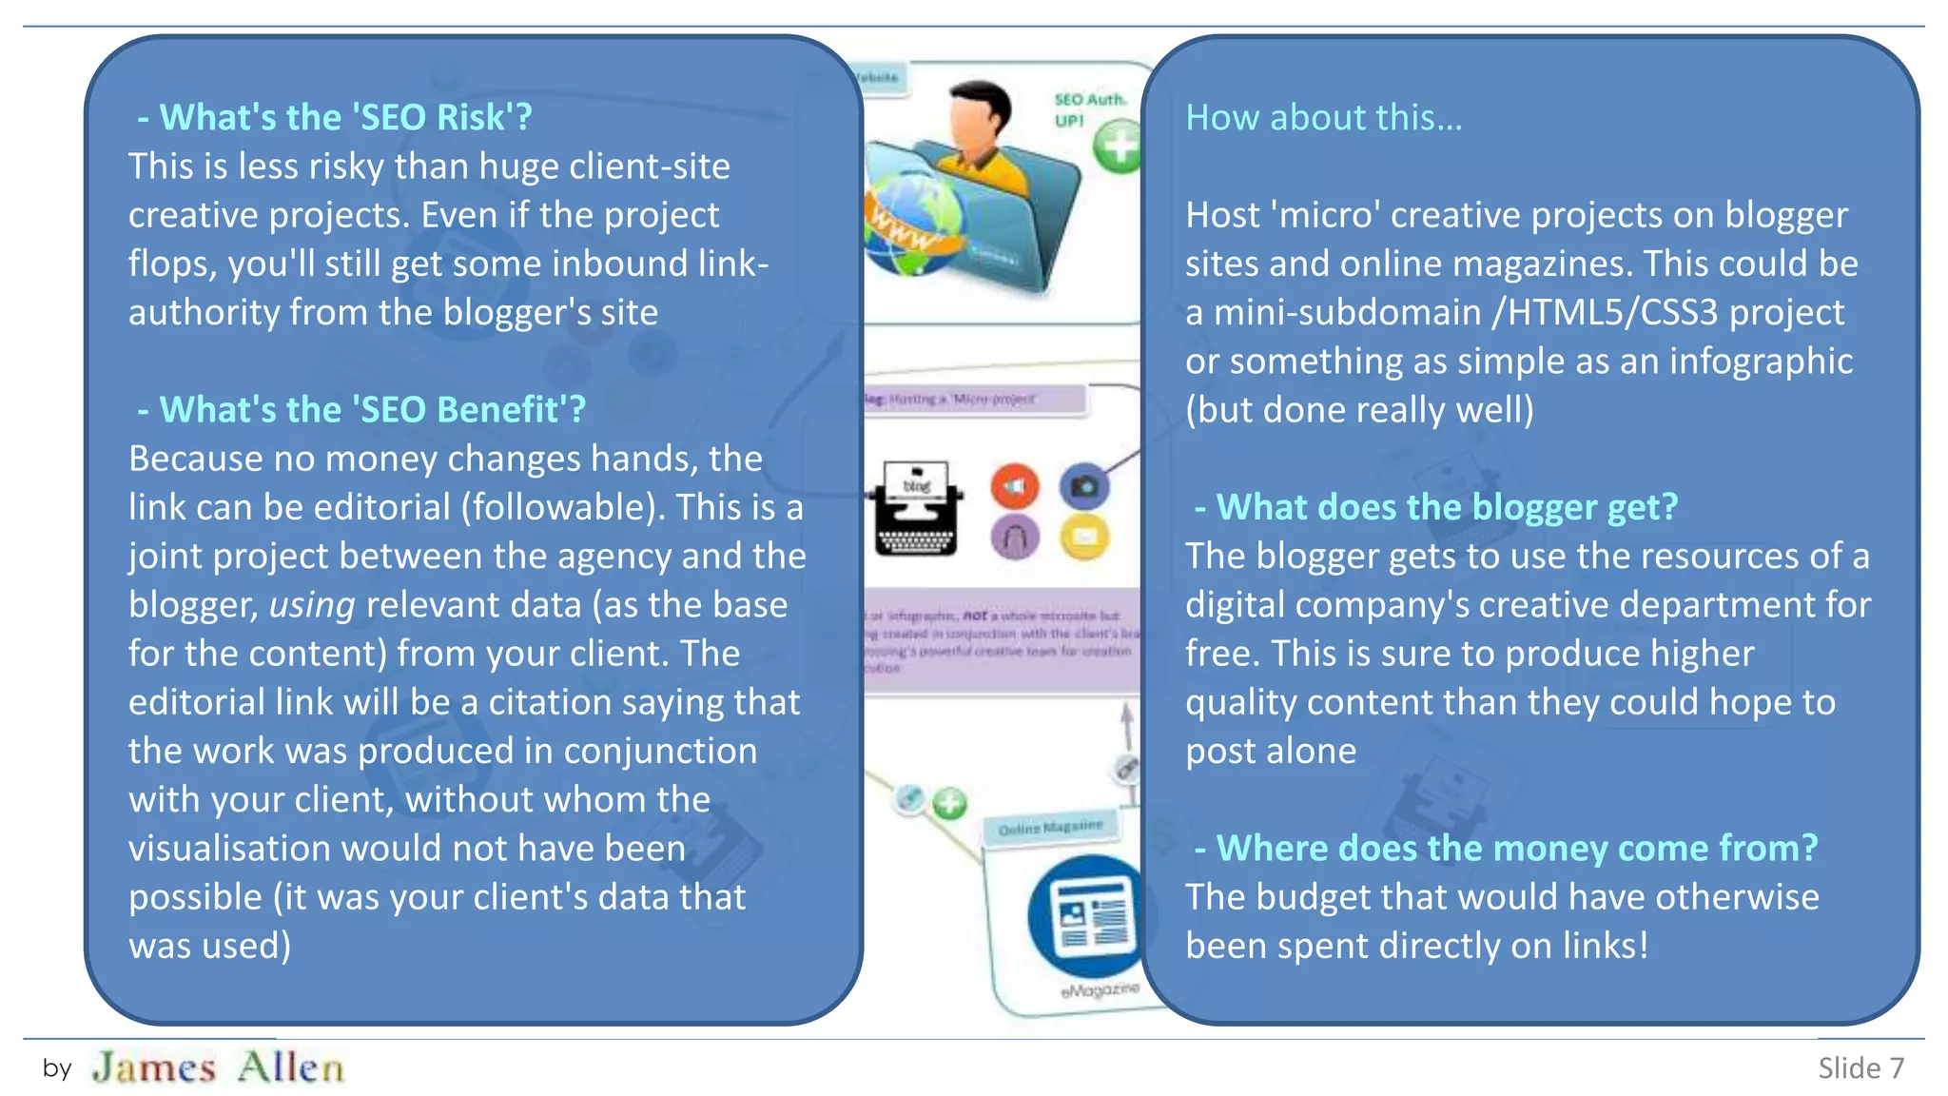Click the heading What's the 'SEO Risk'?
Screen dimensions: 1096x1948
335,117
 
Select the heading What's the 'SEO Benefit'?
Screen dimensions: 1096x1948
361,409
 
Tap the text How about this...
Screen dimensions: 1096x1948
1323,117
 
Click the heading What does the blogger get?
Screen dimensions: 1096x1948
1436,507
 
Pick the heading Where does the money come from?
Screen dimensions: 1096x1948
1506,848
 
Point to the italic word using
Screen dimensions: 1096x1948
312,605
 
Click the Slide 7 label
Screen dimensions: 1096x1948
1860,1068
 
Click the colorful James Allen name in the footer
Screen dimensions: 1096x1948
218,1067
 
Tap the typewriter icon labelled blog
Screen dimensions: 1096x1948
915,509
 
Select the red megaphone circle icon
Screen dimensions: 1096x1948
1015,486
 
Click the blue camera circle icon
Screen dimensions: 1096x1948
1084,486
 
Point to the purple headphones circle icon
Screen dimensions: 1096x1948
1015,538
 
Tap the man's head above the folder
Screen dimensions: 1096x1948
980,119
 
